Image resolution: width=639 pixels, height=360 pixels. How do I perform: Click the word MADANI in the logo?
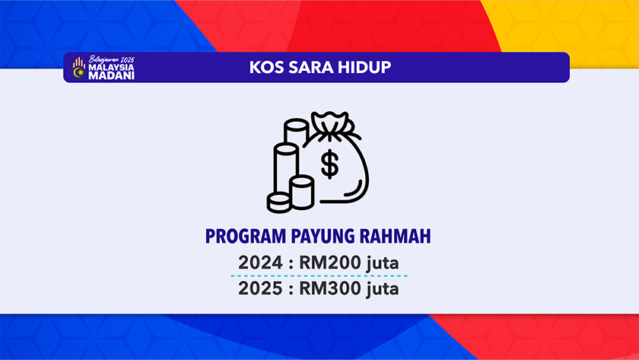pos(111,76)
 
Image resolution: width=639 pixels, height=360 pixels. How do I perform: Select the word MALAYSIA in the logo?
pos(111,67)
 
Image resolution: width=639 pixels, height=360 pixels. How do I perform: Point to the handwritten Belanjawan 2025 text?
pos(111,59)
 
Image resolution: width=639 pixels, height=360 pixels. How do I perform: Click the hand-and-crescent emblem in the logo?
pos(79,68)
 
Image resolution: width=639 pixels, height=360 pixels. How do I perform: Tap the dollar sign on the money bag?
pos(329,164)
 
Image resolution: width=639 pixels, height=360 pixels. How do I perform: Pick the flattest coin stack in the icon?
pos(279,202)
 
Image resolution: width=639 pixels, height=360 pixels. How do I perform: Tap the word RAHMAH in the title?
pos(395,237)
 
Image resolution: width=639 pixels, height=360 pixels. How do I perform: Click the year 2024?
pos(260,263)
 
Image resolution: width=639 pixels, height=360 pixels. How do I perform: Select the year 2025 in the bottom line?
pos(260,288)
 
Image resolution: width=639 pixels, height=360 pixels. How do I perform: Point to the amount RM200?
pos(330,263)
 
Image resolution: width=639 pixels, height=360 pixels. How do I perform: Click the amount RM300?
pos(330,288)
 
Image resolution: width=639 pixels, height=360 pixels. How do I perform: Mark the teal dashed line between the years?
pos(319,276)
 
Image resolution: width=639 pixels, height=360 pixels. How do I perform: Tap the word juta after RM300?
pos(382,289)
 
